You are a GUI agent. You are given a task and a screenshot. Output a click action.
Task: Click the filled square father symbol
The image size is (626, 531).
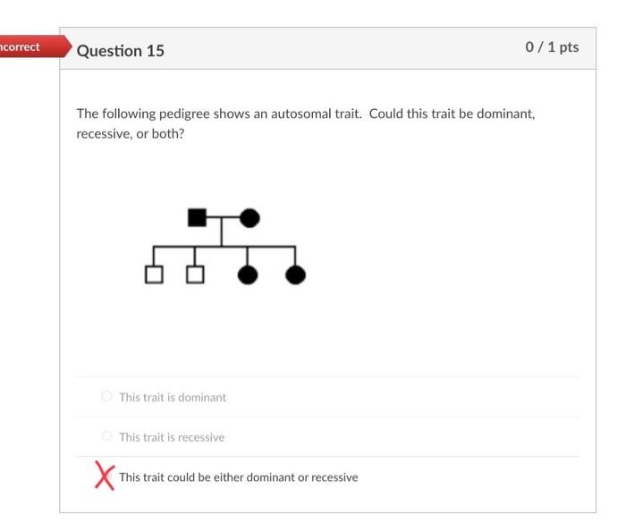[x=197, y=217]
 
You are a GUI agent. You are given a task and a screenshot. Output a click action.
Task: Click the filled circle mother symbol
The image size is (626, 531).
[x=250, y=217]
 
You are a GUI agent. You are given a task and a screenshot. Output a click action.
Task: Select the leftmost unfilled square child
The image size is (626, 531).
[x=154, y=274]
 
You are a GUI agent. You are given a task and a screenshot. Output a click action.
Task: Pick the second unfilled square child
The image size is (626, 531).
[x=195, y=274]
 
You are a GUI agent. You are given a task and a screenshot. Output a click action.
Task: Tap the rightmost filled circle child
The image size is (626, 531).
[x=295, y=274]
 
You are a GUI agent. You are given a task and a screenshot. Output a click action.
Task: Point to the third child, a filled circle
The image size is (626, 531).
[x=248, y=274]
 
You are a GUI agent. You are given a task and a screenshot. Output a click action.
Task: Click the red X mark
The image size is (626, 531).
[x=105, y=476]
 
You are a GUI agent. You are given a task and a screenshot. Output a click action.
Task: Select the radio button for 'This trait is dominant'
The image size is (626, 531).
[x=107, y=396]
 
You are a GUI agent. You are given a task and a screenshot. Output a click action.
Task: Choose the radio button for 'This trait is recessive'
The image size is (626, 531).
[x=107, y=436]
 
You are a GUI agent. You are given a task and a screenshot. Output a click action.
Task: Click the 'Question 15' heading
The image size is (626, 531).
[x=121, y=50]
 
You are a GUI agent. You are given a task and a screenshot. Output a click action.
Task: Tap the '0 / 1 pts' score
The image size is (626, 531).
[x=552, y=47]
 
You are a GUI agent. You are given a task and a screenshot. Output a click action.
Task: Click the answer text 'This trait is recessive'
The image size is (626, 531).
[x=172, y=437]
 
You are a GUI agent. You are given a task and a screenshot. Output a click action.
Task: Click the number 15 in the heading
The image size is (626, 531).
[x=155, y=50]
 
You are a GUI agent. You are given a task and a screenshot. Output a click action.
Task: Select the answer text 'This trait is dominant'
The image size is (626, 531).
[x=173, y=397]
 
